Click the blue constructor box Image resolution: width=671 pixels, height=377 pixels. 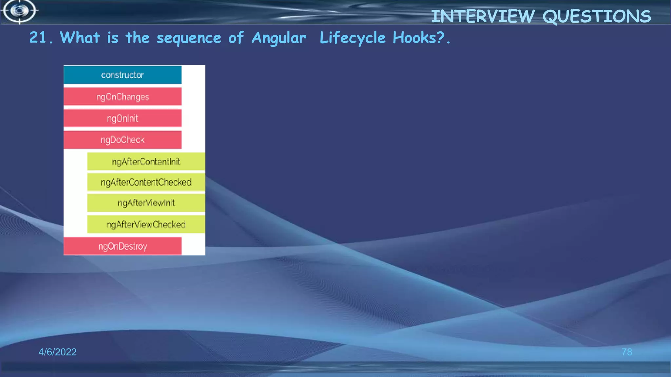coord(123,75)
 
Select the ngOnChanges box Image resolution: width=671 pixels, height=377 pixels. coord(123,97)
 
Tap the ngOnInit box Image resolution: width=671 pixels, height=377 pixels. coord(123,118)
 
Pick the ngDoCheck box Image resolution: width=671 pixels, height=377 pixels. coord(123,140)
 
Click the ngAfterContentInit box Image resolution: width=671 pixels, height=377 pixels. coord(146,161)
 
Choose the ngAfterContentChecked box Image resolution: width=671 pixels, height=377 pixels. coord(146,182)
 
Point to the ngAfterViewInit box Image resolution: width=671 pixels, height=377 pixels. coord(146,203)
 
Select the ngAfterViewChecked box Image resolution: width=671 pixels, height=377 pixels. coord(146,224)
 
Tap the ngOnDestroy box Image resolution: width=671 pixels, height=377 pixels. coord(123,246)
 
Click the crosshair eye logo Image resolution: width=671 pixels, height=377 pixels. coord(20,11)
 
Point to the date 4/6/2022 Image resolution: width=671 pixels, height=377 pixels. coord(57,352)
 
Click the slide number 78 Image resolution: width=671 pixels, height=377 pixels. coord(627,352)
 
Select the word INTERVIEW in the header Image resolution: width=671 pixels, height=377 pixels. coord(483,16)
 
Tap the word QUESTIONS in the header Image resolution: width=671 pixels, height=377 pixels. coord(597,16)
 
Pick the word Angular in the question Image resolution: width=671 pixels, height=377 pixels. coord(279,38)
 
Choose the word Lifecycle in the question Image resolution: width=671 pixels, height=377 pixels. coord(353,38)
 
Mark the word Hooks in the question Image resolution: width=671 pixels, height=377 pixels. coord(414,38)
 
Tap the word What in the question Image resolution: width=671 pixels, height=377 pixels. coord(80,38)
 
